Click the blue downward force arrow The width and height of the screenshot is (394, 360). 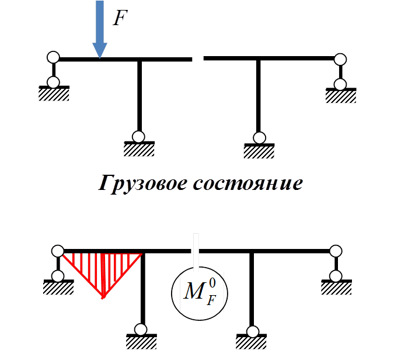point(100,29)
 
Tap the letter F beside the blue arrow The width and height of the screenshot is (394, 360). point(120,18)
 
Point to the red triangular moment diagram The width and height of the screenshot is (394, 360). point(103,269)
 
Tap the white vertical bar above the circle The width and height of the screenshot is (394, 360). point(197,252)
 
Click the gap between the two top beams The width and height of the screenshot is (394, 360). point(197,58)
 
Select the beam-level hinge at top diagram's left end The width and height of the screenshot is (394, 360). point(53,57)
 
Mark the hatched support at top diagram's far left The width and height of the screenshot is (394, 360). point(54,94)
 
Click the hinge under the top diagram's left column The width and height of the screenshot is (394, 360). point(138,136)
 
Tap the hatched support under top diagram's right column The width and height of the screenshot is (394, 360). point(259,151)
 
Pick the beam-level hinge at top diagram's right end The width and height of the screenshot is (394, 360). point(340,59)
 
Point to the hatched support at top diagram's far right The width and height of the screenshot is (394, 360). point(341,95)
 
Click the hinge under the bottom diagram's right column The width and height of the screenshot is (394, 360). point(252,331)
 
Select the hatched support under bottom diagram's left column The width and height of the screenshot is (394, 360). point(142,341)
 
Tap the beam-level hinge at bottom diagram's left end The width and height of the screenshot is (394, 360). point(57,251)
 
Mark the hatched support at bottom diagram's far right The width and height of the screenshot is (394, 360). point(336,287)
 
